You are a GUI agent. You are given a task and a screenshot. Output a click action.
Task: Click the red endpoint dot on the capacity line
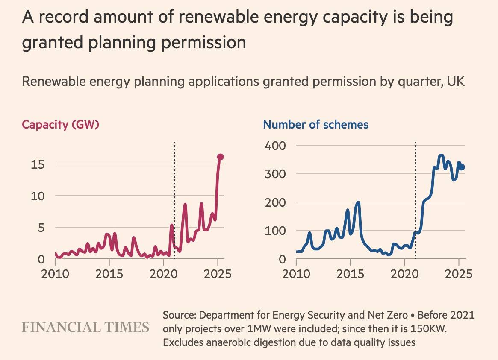pyautogui.click(x=221, y=157)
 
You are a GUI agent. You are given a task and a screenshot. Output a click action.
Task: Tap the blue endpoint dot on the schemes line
pyautogui.click(x=462, y=167)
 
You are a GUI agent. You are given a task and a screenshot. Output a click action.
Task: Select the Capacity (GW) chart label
pyautogui.click(x=61, y=125)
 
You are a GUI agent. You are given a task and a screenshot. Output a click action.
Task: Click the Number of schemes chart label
pyautogui.click(x=315, y=125)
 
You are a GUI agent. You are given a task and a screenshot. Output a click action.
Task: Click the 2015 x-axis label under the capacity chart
pyautogui.click(x=109, y=273)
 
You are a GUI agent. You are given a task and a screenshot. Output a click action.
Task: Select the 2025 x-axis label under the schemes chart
pyautogui.click(x=459, y=273)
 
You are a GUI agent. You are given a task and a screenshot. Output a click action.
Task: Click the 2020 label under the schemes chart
pyautogui.click(x=404, y=273)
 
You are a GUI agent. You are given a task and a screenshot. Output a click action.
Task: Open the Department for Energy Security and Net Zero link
pyautogui.click(x=303, y=316)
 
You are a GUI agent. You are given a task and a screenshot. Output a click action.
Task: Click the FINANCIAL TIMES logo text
pyautogui.click(x=85, y=328)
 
